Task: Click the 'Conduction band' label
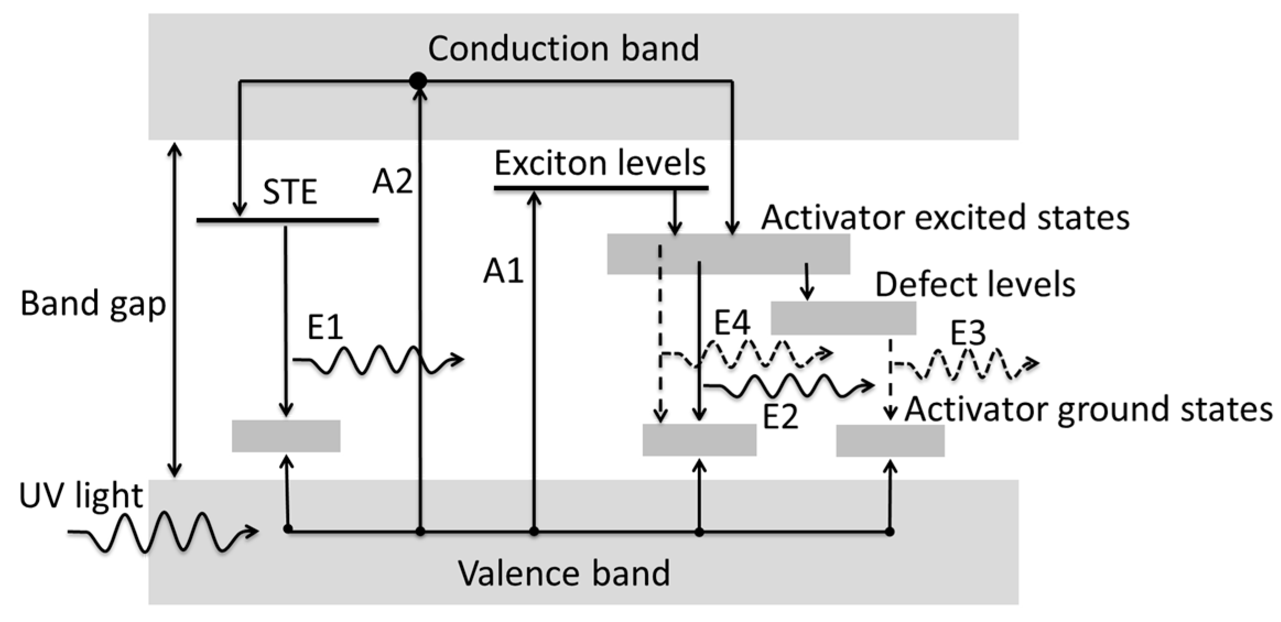click(563, 48)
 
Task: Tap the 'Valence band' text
click(563, 573)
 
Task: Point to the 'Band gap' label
click(93, 303)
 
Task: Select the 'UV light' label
click(81, 495)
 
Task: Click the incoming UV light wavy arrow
click(162, 532)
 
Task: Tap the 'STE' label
click(290, 192)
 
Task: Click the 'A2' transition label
click(392, 181)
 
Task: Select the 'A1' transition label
click(502, 271)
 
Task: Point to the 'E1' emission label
click(325, 328)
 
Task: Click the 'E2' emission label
click(780, 417)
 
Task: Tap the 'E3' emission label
click(968, 333)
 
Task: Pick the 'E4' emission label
click(731, 323)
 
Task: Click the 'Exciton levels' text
click(600, 163)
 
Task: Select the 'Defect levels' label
click(975, 285)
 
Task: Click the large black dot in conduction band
click(418, 81)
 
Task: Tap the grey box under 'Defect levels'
click(843, 318)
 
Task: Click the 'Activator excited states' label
click(945, 217)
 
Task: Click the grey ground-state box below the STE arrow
click(286, 436)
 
